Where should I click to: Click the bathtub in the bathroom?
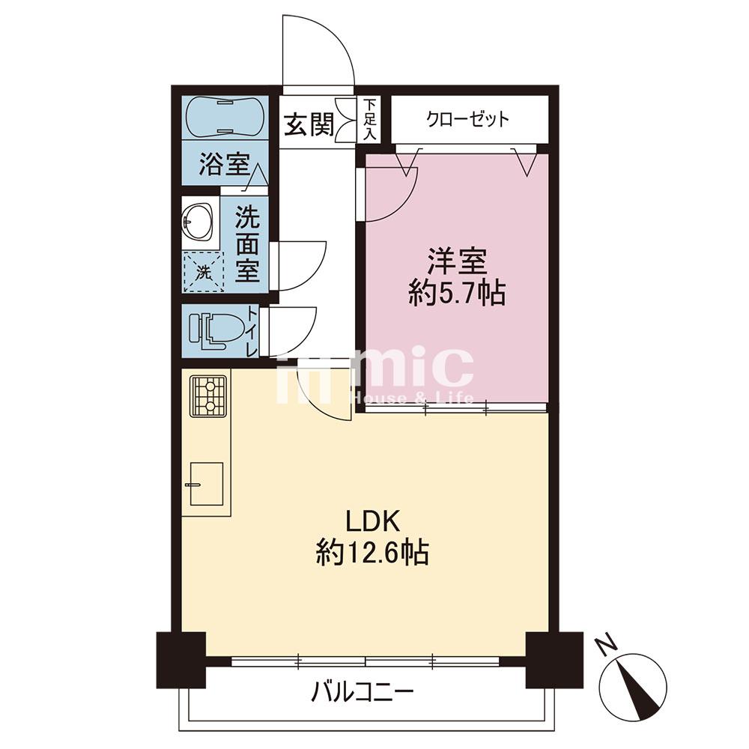point(224,117)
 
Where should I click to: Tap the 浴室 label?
point(225,164)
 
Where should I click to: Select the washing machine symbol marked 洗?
point(204,271)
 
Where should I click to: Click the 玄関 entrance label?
point(309,125)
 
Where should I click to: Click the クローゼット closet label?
point(468,119)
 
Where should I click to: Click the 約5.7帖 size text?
point(457,294)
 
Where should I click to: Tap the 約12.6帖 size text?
point(372,554)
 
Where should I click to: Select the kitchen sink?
point(207,483)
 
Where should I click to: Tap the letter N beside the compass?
point(607,646)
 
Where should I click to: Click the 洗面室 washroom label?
point(247,245)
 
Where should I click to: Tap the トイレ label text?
point(252,331)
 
